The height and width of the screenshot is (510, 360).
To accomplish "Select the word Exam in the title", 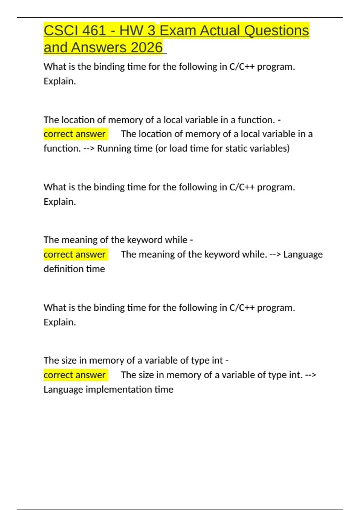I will pyautogui.click(x=178, y=31).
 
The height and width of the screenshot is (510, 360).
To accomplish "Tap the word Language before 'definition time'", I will pyautogui.click(x=303, y=254).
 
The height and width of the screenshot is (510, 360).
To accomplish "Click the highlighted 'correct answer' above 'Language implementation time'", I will pyautogui.click(x=75, y=375).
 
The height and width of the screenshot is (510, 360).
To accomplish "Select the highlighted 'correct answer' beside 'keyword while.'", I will pyautogui.click(x=75, y=254).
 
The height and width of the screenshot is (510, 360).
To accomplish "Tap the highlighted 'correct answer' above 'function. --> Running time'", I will pyautogui.click(x=75, y=134).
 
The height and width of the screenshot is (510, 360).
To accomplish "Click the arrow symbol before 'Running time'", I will pyautogui.click(x=89, y=148).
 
